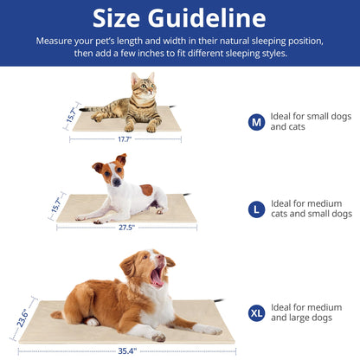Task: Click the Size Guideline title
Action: point(179,18)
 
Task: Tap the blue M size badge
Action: point(256,122)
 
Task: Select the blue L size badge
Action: point(256,209)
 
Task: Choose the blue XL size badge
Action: point(256,313)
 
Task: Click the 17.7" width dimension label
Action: point(126,139)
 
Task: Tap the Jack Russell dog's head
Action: point(110,173)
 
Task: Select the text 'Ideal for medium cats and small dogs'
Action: point(312,209)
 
